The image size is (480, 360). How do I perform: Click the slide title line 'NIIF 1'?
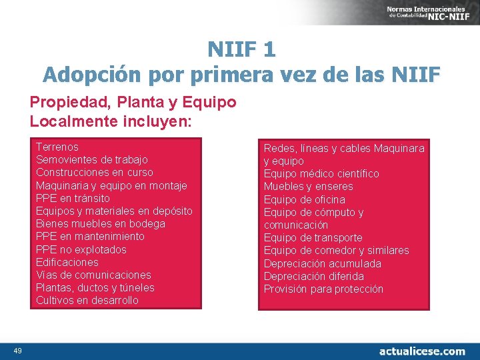tap(241, 49)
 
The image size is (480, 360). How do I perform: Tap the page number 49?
tap(17, 351)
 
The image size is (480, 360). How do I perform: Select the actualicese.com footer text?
tap(422, 351)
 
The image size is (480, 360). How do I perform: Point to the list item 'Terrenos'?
tap(57, 147)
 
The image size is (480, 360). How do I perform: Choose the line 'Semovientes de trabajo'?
tap(92, 159)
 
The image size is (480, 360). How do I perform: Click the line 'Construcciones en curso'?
tap(95, 172)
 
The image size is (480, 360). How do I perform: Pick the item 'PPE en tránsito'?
tap(73, 198)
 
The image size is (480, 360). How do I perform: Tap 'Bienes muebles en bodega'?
tap(101, 223)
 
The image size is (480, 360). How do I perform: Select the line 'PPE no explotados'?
tap(81, 249)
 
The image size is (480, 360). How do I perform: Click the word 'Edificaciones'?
tap(67, 262)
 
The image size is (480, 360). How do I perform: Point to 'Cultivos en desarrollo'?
tap(87, 300)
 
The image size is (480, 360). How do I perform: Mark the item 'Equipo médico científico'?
tap(321, 173)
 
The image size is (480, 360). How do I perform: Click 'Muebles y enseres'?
tap(309, 186)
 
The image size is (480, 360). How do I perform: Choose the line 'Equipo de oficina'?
tap(305, 199)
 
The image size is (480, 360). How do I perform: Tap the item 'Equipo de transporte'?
tap(313, 237)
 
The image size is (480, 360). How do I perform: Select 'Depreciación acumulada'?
tap(323, 263)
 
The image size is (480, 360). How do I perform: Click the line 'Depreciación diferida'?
tap(314, 276)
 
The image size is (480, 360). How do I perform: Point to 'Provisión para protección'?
tap(324, 289)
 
